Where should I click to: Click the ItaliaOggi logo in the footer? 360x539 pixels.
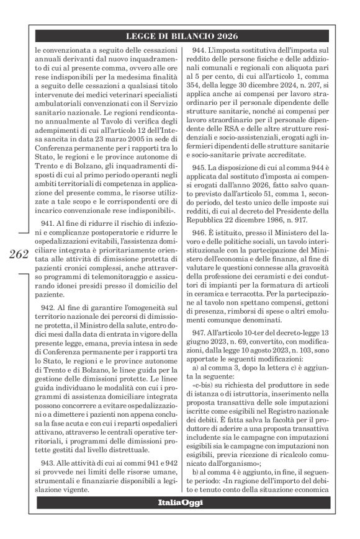point(179,519)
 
